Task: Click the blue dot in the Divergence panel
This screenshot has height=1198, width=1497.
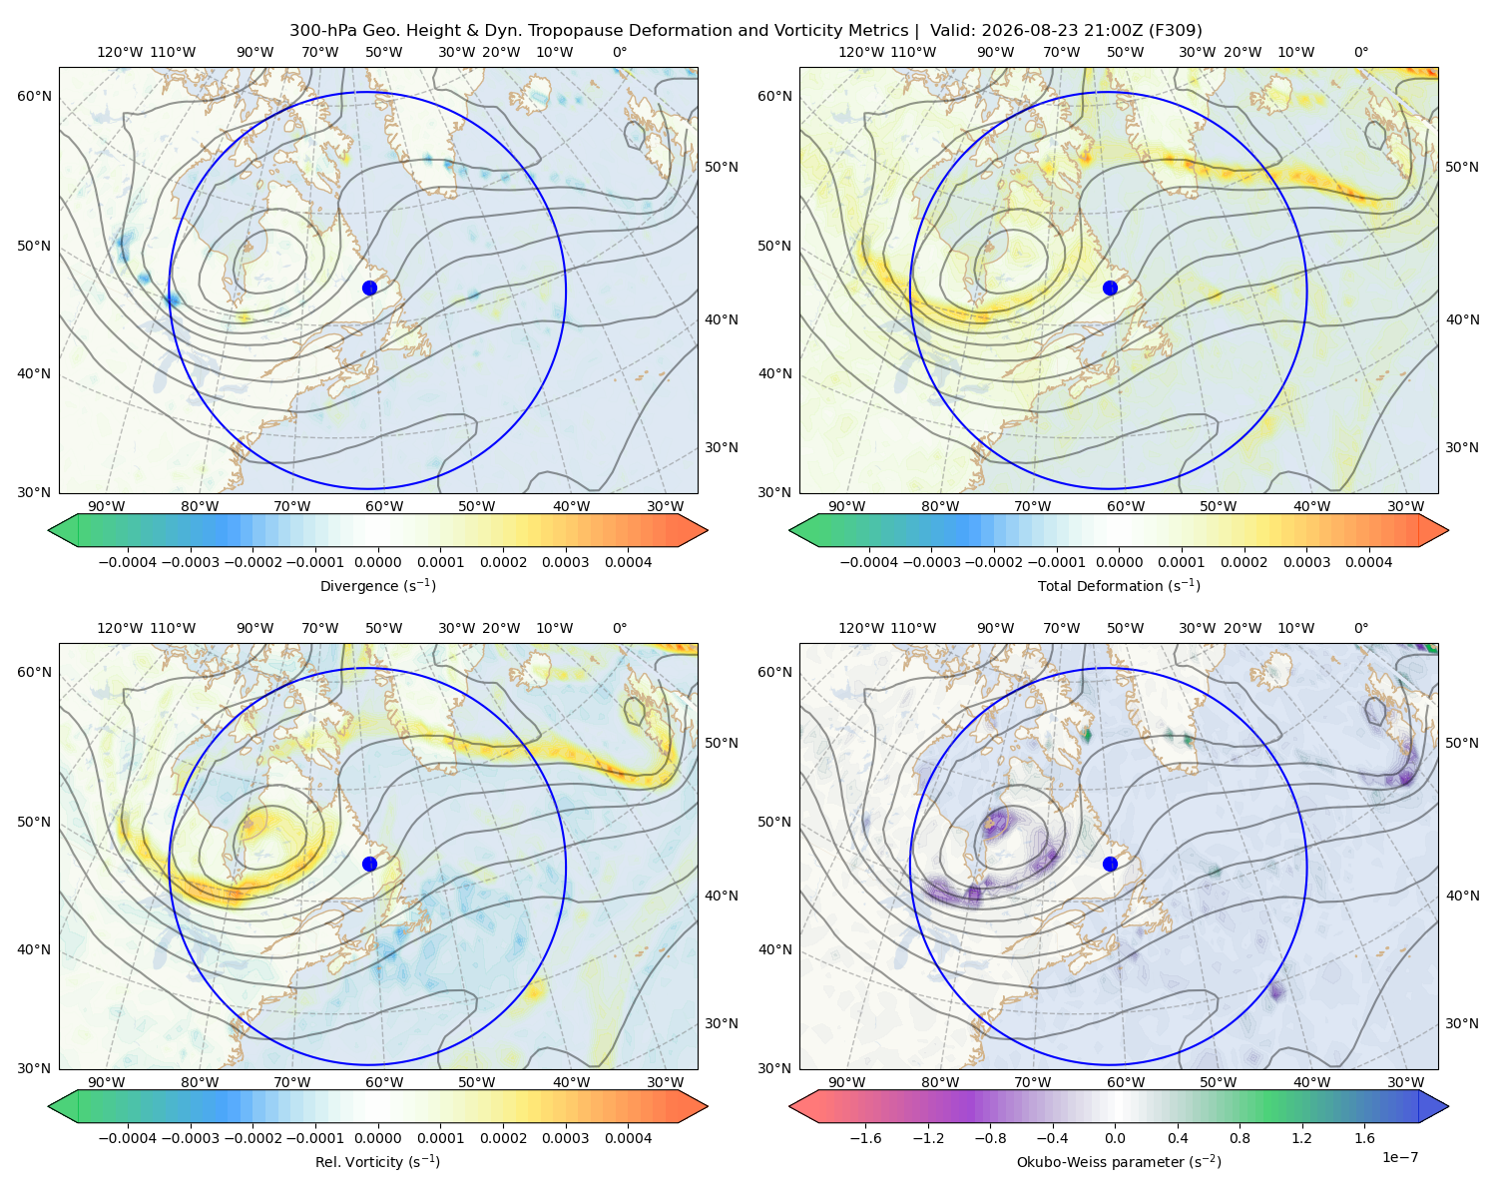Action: pos(369,288)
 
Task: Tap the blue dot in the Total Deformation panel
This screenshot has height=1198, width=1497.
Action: pos(1110,288)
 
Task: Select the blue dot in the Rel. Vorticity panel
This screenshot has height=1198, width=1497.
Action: pos(369,864)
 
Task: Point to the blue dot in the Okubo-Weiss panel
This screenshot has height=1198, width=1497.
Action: pos(1110,864)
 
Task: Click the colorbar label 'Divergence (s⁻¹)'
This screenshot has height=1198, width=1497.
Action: pos(377,585)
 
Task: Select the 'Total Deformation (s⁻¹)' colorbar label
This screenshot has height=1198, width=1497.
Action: pos(1119,585)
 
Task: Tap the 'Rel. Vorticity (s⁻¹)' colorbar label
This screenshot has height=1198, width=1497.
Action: pos(377,1161)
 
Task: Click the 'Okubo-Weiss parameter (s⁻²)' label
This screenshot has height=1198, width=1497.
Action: pos(1119,1161)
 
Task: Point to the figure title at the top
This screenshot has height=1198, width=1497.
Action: pos(746,30)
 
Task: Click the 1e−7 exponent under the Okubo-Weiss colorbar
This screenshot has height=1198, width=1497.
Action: pos(1399,1158)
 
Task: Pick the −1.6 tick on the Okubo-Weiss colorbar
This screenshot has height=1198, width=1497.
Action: pos(865,1138)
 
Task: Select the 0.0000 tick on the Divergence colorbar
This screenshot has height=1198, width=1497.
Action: pos(377,562)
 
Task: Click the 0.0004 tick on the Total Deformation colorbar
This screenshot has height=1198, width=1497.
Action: pos(1368,562)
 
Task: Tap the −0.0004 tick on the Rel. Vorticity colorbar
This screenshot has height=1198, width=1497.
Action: pos(128,1138)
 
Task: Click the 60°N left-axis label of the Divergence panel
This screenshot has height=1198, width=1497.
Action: pos(34,96)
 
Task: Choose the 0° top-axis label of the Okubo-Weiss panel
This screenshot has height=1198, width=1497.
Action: pos(1360,628)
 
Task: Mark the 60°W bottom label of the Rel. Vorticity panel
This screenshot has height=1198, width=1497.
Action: pos(384,1082)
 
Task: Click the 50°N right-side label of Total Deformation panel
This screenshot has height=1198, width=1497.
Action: pos(1462,167)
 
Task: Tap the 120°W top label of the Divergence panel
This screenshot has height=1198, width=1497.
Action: pos(120,52)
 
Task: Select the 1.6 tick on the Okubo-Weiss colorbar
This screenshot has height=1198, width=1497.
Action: pos(1364,1138)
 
